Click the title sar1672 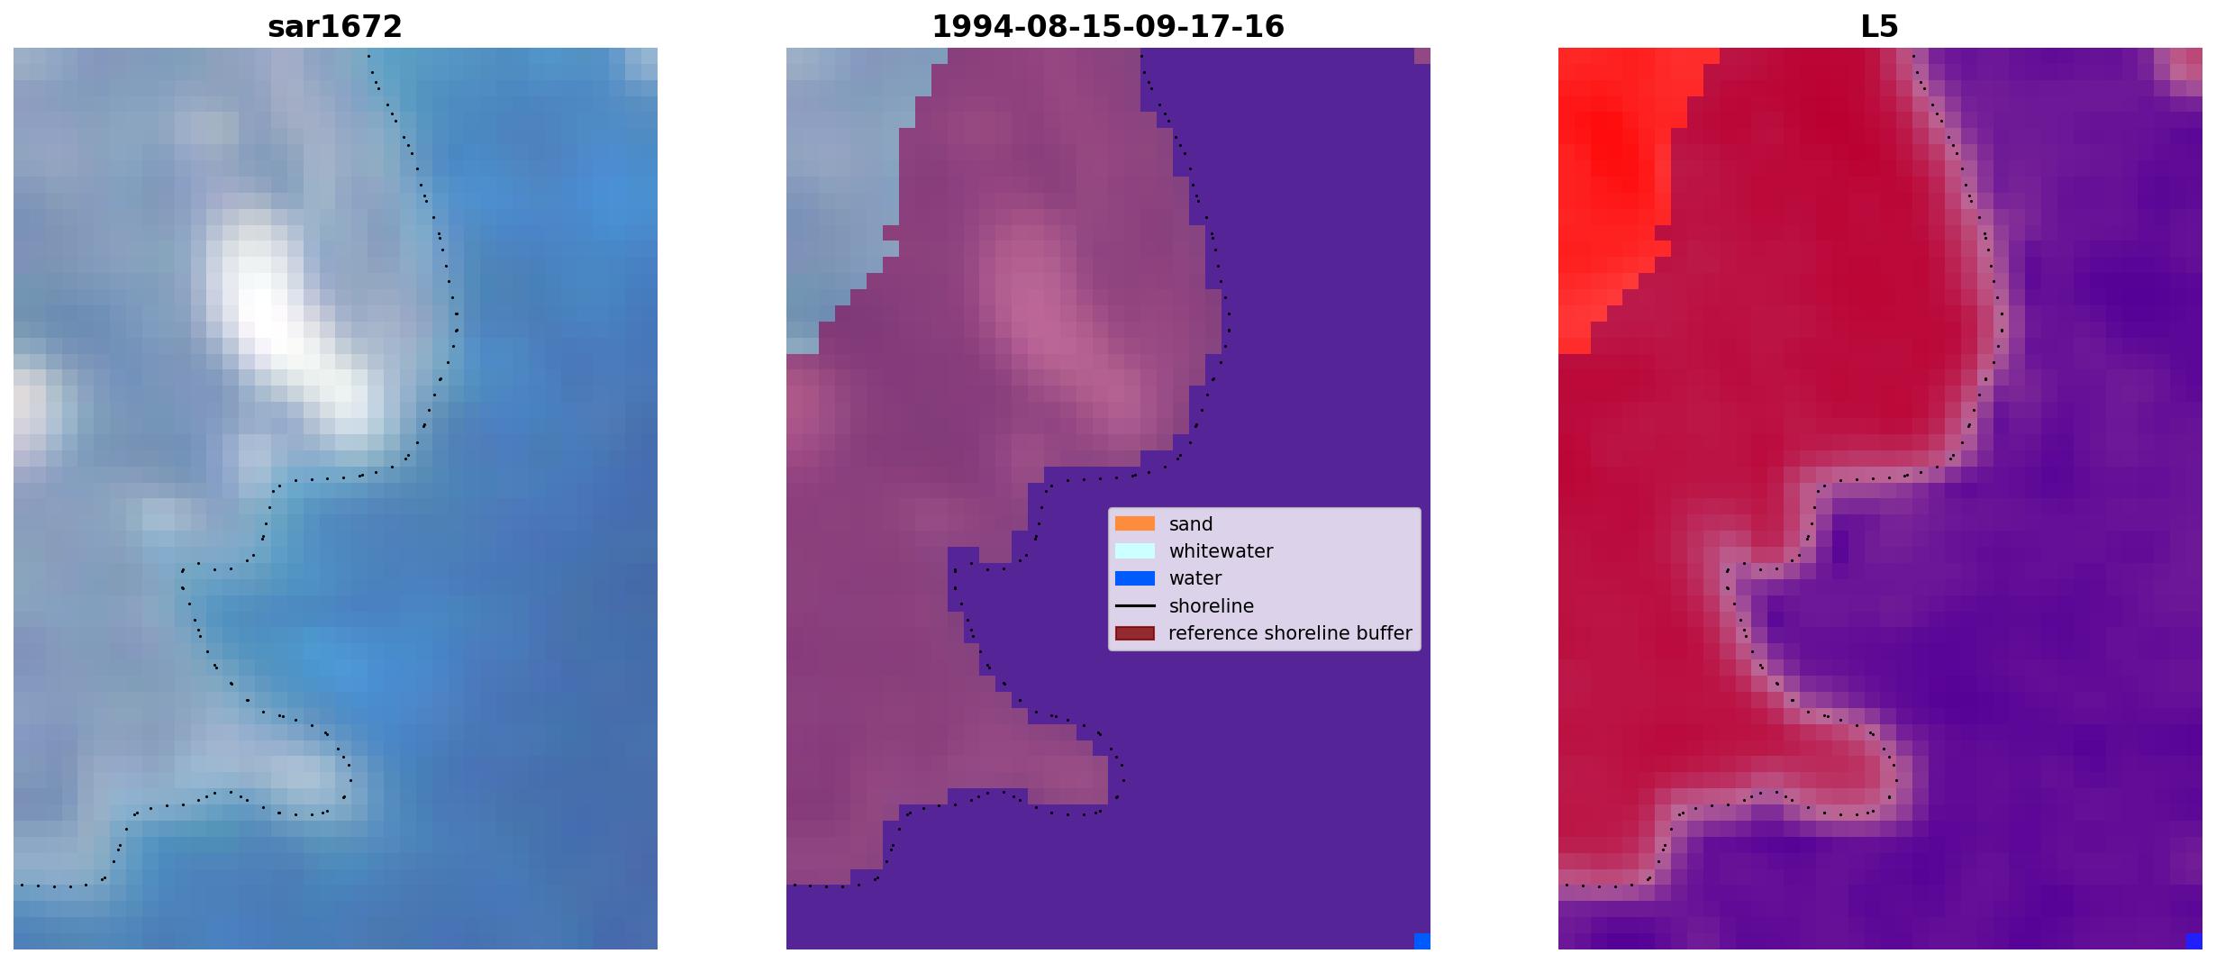(334, 27)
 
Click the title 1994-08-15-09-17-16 (1107, 27)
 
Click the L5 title (1879, 27)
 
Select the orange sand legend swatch (1134, 523)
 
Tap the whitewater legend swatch (1134, 550)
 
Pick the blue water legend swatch (1134, 578)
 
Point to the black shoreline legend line (1134, 606)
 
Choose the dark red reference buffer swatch (1134, 633)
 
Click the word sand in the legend (1191, 524)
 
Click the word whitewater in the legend (1221, 551)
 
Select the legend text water (1195, 578)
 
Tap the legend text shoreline (1212, 606)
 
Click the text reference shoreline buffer (1290, 633)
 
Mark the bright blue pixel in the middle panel (1422, 941)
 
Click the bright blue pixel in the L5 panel (2194, 941)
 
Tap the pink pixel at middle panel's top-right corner (1422, 56)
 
